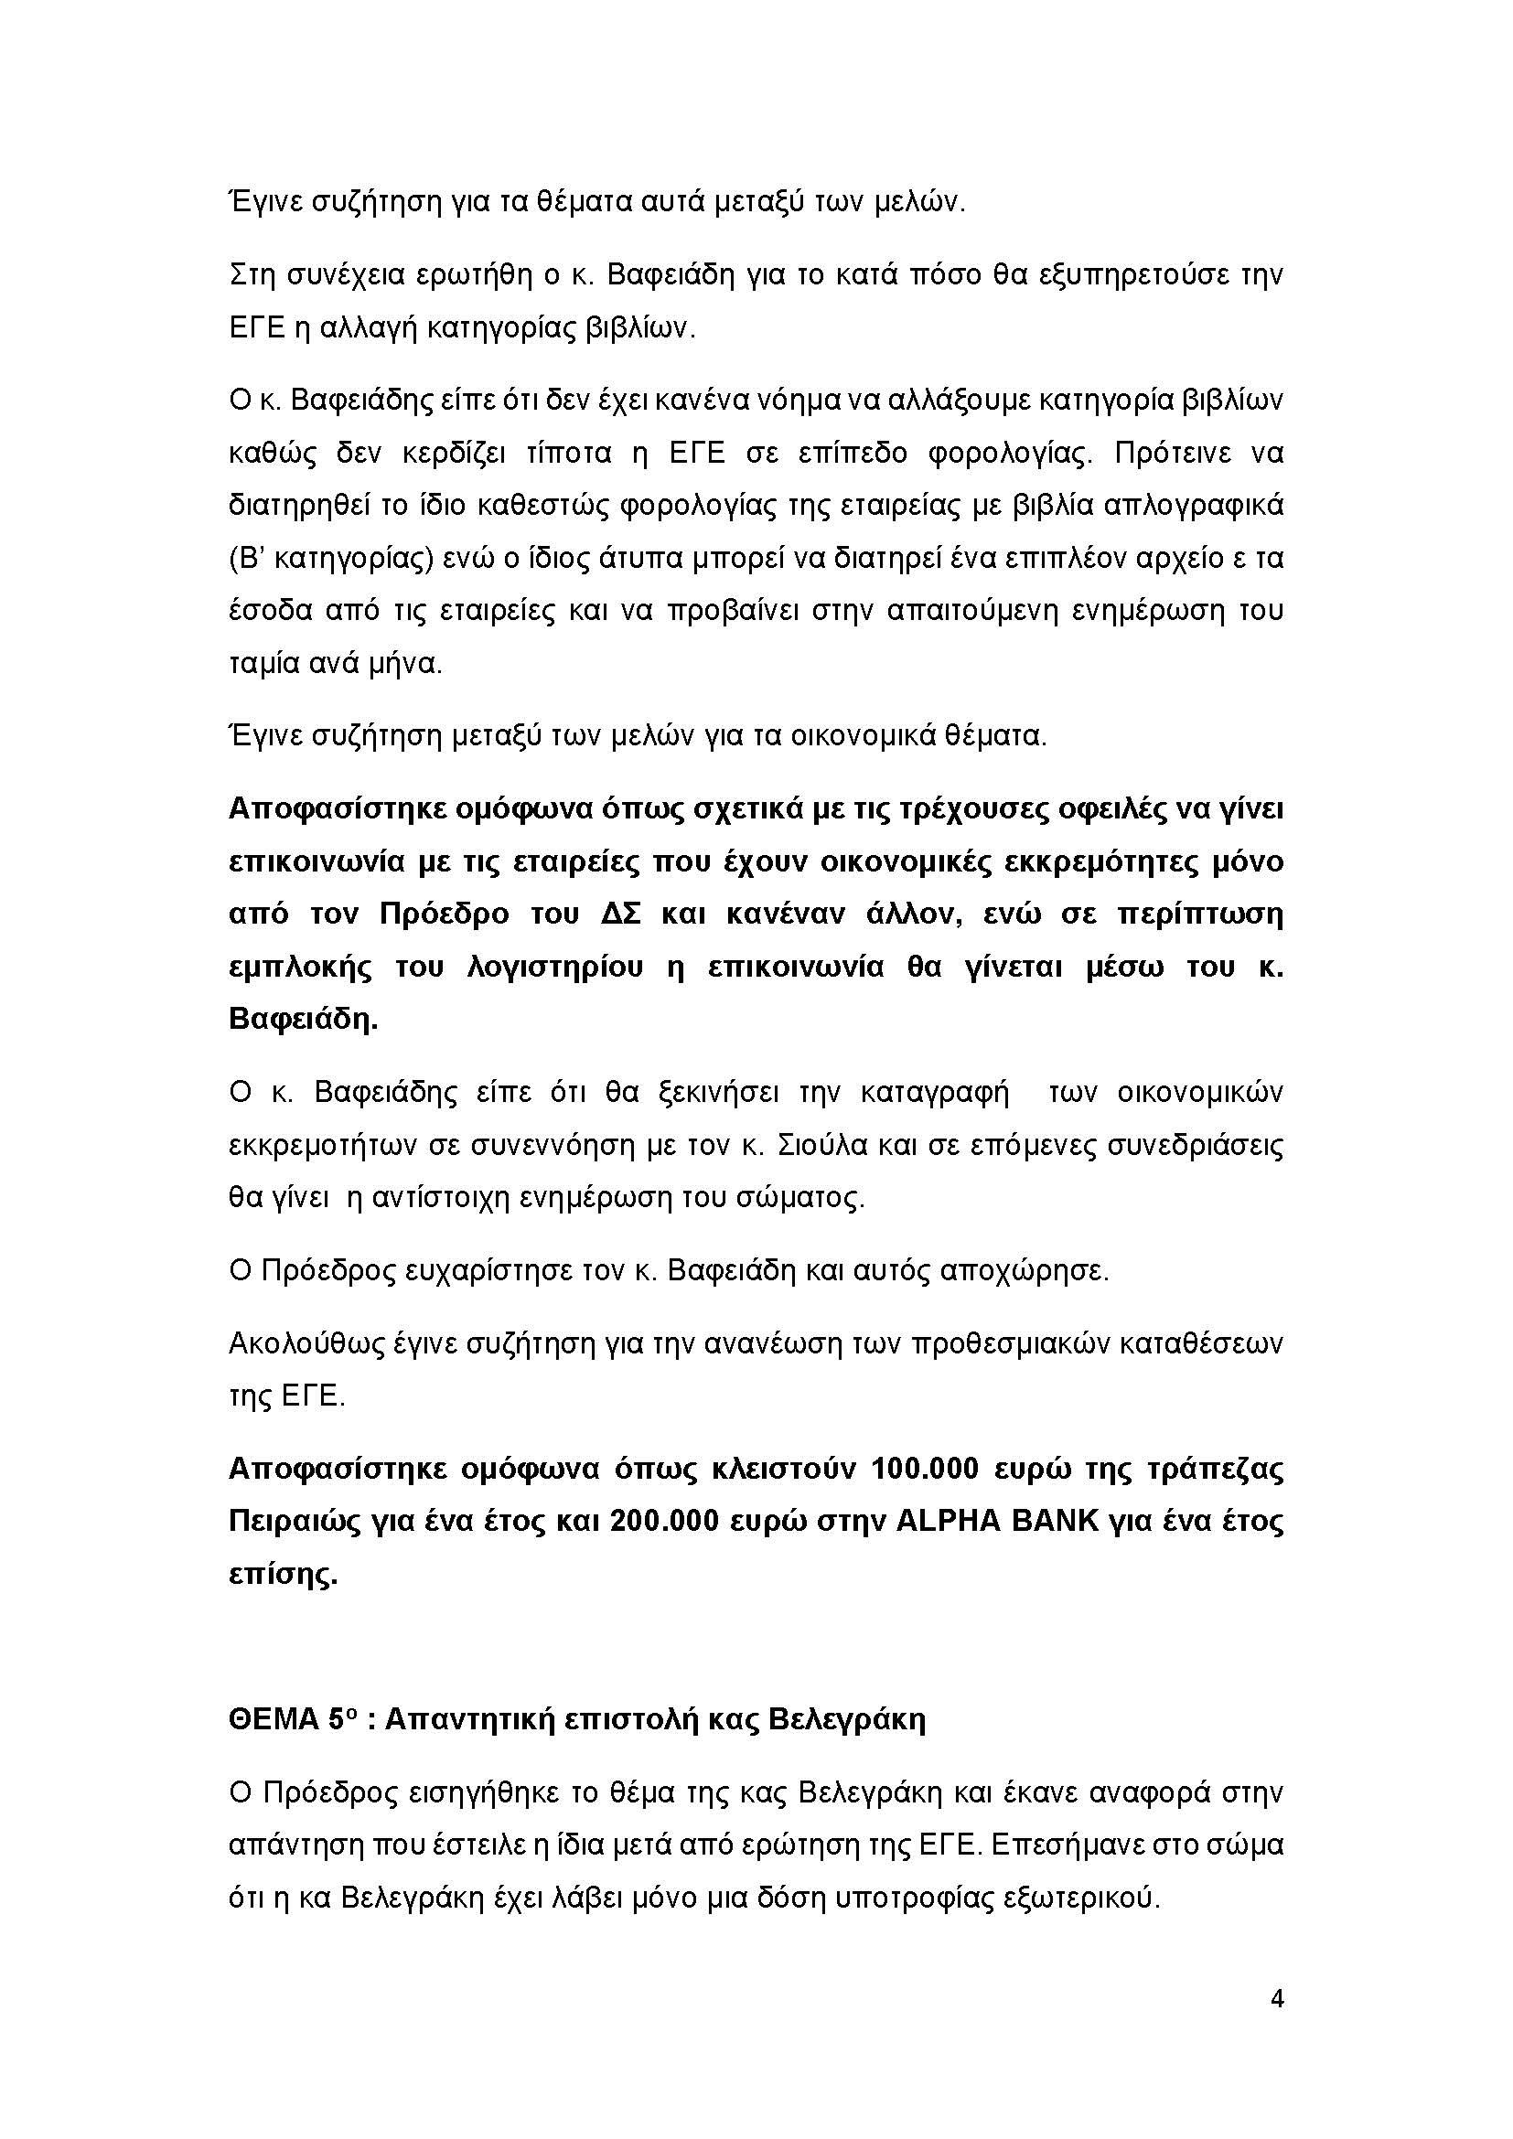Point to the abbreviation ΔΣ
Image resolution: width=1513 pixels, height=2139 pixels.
pos(620,914)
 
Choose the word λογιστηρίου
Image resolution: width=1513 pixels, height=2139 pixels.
pos(554,967)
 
